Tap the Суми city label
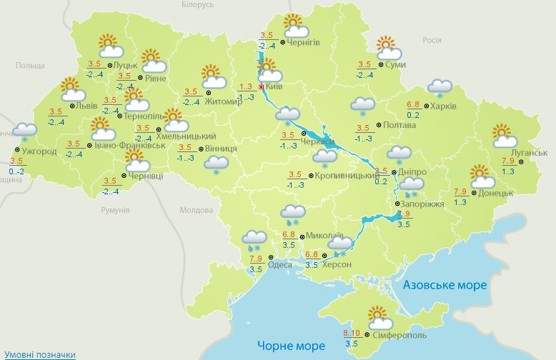pyautogui.click(x=395, y=65)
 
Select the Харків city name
pyautogui.click(x=444, y=107)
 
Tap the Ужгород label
pyautogui.click(x=39, y=151)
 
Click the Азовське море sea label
pyautogui.click(x=445, y=285)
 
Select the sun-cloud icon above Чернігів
pyautogui.click(x=295, y=26)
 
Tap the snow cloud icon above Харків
pyautogui.click(x=440, y=88)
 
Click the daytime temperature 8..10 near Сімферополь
pyautogui.click(x=351, y=333)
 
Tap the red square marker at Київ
pyautogui.click(x=262, y=87)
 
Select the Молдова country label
pyautogui.click(x=197, y=211)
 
